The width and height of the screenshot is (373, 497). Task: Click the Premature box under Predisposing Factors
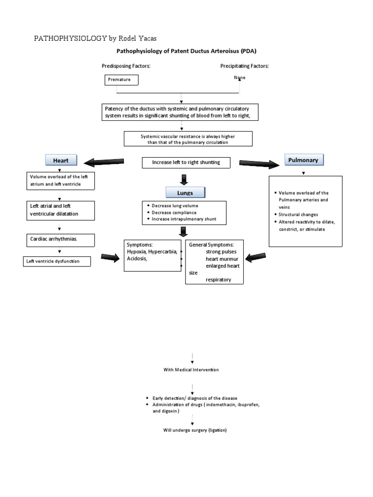pos(121,80)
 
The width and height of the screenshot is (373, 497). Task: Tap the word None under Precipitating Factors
pos(239,78)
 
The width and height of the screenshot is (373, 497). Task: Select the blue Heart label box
pos(61,160)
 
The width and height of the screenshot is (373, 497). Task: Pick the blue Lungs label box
pos(185,193)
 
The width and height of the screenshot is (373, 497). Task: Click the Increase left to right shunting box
pos(186,163)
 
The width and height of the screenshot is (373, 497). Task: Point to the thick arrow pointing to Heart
pos(104,161)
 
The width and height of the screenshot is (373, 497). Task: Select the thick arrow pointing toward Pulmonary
pos(259,164)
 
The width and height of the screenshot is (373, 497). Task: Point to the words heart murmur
pos(221,259)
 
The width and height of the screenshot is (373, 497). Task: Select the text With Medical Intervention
pos(191,370)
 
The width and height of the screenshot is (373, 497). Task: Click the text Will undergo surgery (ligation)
pos(195,431)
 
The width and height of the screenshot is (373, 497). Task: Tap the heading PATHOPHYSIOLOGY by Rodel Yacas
pos(95,38)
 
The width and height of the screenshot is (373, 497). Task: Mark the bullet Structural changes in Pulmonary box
pos(299,214)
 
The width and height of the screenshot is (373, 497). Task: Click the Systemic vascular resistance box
pos(188,139)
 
